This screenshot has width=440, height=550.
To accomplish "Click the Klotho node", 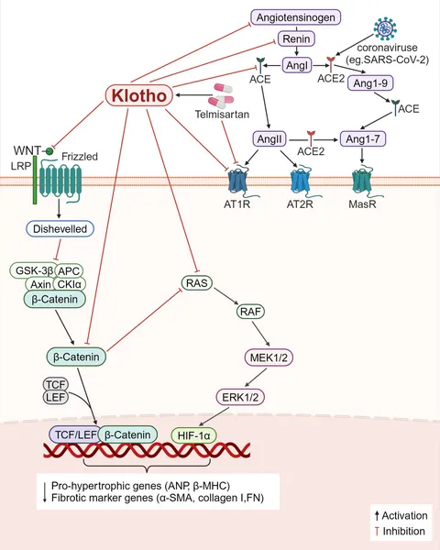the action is pyautogui.click(x=139, y=95).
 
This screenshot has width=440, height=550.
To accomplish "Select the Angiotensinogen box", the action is pyautogui.click(x=295, y=17).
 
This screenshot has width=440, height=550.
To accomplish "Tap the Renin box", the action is pyautogui.click(x=296, y=38).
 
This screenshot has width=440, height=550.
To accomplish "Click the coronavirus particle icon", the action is pyautogui.click(x=385, y=29).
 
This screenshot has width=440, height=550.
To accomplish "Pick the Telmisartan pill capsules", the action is pyautogui.click(x=221, y=95).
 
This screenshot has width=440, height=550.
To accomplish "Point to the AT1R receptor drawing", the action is pyautogui.click(x=238, y=182).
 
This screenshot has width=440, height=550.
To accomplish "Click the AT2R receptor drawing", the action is pyautogui.click(x=300, y=182).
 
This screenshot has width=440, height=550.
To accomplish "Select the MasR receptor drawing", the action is pyautogui.click(x=362, y=182).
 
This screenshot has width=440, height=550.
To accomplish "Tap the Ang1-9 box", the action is pyautogui.click(x=370, y=83).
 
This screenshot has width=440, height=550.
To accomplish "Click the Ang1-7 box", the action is pyautogui.click(x=362, y=139).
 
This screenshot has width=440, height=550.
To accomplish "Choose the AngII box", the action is pyautogui.click(x=269, y=139).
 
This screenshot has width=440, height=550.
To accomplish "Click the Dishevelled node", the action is pyautogui.click(x=60, y=228).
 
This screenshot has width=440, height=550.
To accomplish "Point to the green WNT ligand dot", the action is pyautogui.click(x=49, y=151).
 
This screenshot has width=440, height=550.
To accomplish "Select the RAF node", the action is pyautogui.click(x=250, y=311).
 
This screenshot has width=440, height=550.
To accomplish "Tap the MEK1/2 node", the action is pyautogui.click(x=269, y=357).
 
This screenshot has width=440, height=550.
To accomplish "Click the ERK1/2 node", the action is pyautogui.click(x=240, y=397).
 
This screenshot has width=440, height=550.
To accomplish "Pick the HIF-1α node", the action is pyautogui.click(x=193, y=435).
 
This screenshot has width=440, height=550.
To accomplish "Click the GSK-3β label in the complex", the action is pyautogui.click(x=34, y=270).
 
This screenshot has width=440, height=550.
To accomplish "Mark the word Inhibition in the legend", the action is pyautogui.click(x=404, y=531).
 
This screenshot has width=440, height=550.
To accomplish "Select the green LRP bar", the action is pyautogui.click(x=35, y=180).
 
